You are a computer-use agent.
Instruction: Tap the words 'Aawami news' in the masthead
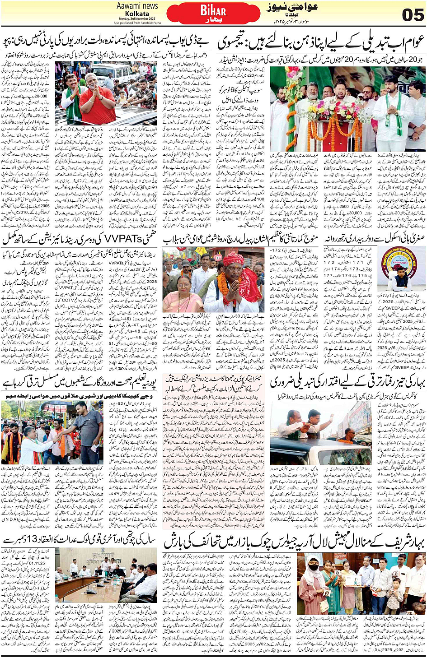[137, 6]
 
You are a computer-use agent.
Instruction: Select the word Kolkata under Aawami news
[137, 14]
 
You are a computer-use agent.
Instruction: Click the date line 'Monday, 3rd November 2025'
[137, 19]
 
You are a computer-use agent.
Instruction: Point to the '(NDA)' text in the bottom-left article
[12, 519]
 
